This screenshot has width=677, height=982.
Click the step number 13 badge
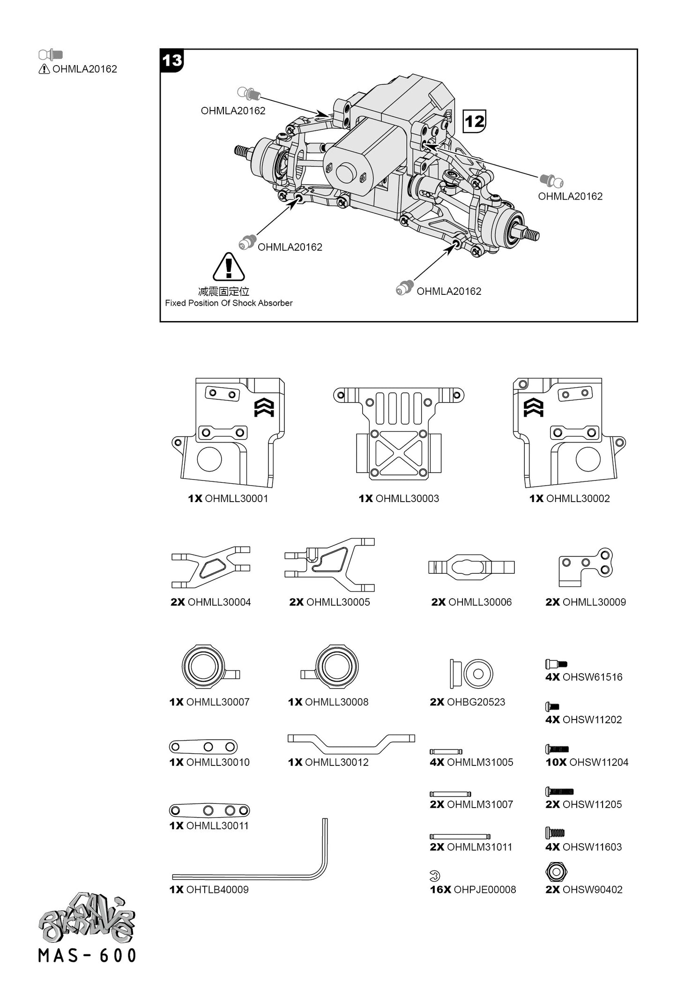172,61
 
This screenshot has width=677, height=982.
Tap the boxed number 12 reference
474,121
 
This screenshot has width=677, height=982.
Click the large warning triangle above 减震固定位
229,267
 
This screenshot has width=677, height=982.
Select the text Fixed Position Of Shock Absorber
229,303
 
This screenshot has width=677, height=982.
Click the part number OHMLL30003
407,499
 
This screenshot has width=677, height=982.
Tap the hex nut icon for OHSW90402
556,872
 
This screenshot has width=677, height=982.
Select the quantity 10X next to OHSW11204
556,763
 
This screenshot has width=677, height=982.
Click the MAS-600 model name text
88,955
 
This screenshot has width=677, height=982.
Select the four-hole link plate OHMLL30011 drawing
209,810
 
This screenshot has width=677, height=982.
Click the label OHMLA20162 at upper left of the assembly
233,111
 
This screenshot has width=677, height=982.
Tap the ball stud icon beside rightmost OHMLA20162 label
551,180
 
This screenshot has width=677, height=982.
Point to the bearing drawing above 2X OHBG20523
471,674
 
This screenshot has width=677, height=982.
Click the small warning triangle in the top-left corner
44,69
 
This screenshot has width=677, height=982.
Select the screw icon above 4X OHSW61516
556,664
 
